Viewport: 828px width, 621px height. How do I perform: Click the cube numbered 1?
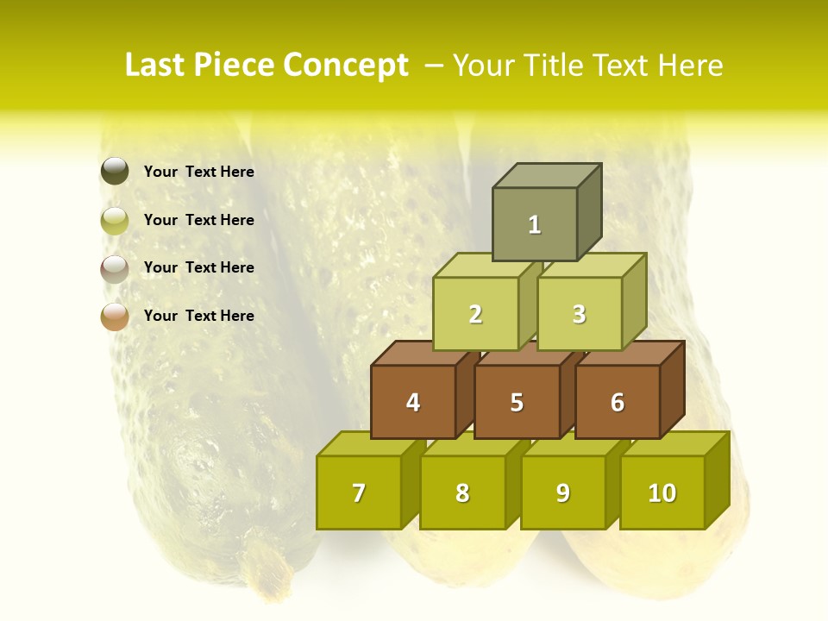click(535, 224)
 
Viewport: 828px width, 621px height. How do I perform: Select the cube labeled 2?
click(475, 315)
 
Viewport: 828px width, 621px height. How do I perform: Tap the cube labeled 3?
click(579, 315)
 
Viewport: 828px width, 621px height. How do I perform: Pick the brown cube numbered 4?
click(413, 403)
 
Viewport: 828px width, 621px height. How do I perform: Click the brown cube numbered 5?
click(517, 403)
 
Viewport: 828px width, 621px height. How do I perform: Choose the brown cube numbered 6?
click(618, 403)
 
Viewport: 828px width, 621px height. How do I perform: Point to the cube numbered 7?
click(359, 493)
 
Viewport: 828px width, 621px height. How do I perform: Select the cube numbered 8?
click(462, 493)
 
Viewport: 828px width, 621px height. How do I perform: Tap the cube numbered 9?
click(563, 493)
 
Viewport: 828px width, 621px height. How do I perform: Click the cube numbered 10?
click(662, 493)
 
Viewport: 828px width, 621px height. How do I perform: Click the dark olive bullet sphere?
click(115, 172)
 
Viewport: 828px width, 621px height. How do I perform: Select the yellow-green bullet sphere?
click(115, 221)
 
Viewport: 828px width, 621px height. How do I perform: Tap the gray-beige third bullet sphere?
click(115, 268)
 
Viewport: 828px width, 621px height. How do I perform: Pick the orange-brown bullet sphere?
click(115, 317)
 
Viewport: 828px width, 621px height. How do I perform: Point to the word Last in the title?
click(156, 66)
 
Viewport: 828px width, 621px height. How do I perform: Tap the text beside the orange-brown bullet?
click(199, 316)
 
